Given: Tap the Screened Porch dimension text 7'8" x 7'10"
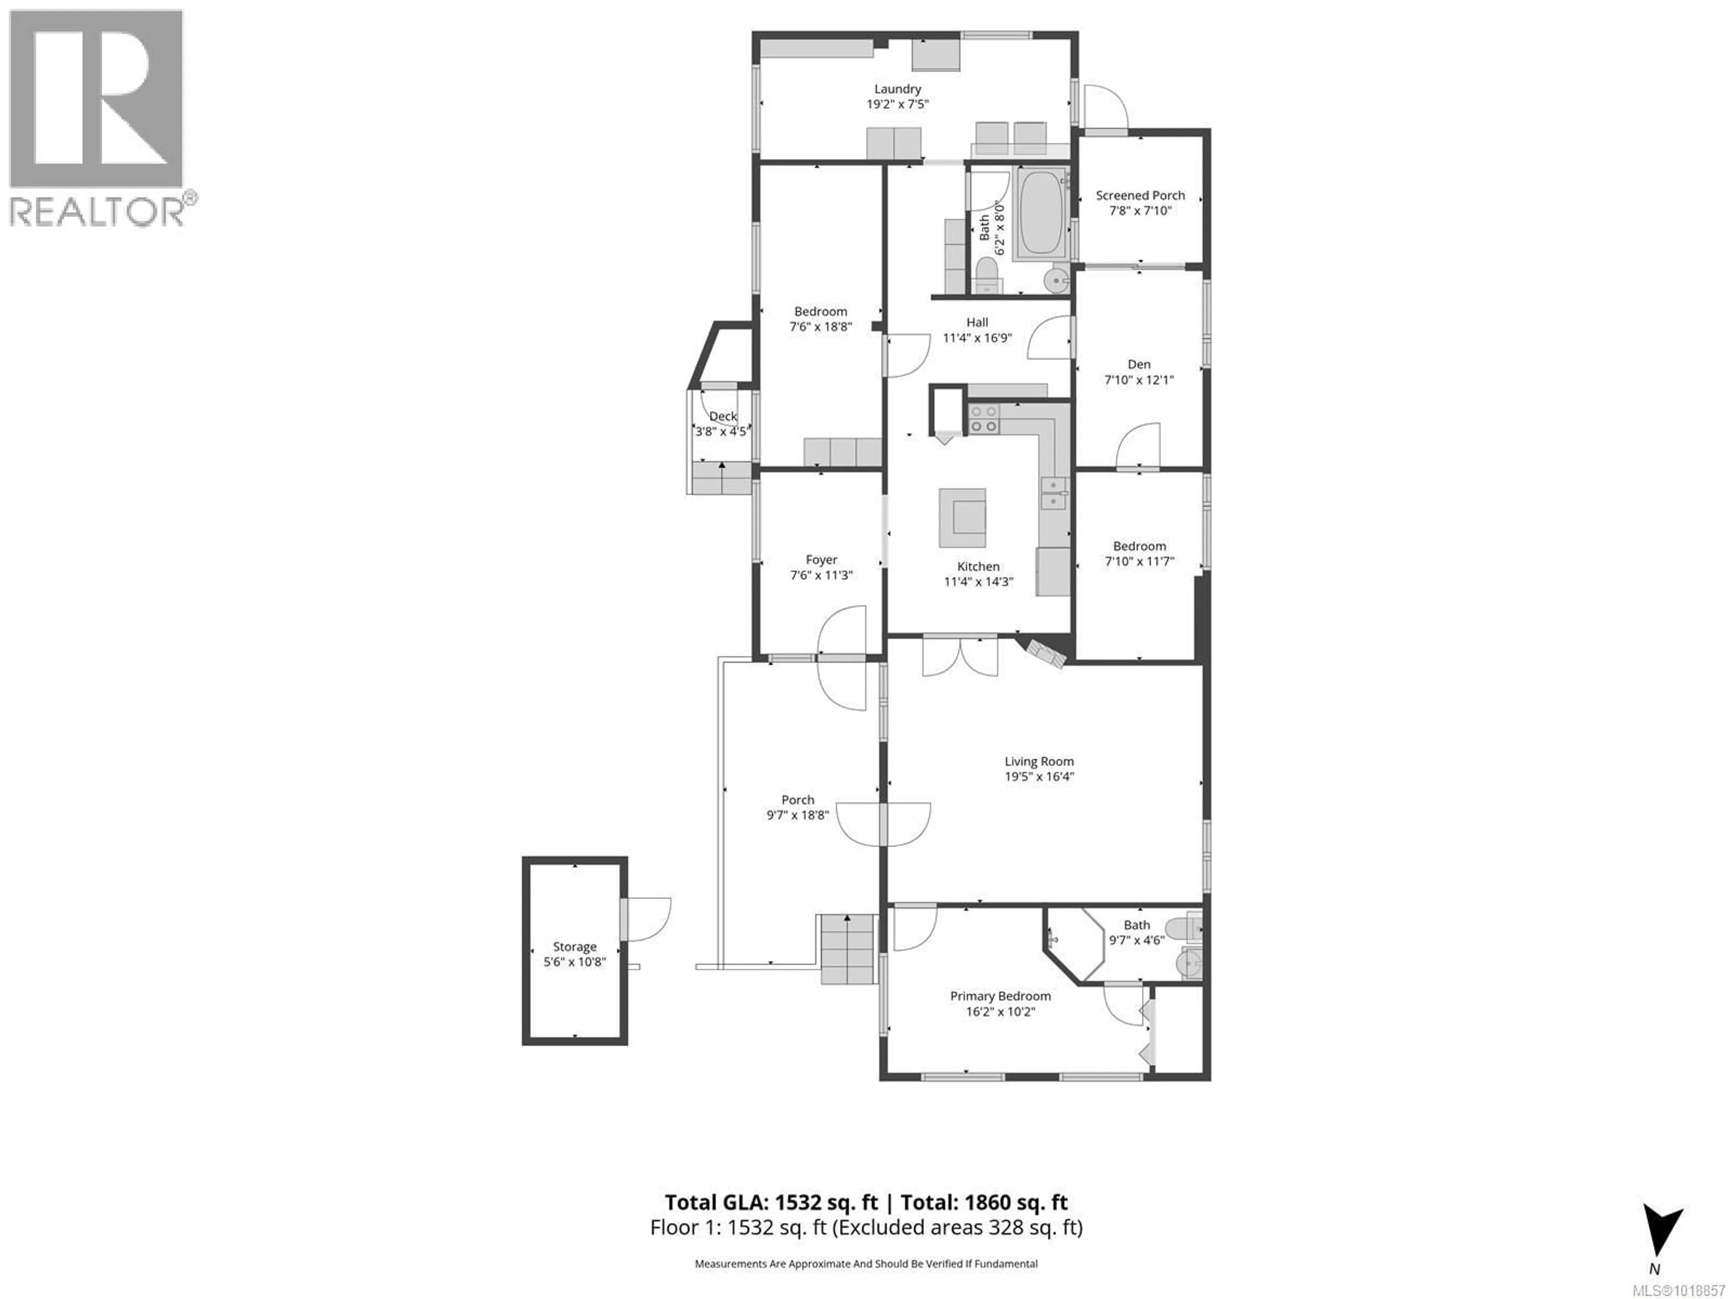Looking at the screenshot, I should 1140,211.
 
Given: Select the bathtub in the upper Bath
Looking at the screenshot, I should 1040,213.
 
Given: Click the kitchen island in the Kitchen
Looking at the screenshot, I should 963,518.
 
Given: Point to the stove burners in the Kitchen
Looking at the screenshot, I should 983,419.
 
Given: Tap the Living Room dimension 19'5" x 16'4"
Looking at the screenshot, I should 1039,777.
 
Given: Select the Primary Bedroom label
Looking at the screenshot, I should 1000,996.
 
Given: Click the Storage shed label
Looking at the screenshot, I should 575,947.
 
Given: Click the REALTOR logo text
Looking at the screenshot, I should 97,212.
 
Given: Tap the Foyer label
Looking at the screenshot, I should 821,560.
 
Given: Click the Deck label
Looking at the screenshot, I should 723,417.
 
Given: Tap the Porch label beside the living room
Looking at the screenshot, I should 798,799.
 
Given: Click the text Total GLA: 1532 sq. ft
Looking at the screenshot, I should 771,1202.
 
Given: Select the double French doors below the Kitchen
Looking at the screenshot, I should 960,656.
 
